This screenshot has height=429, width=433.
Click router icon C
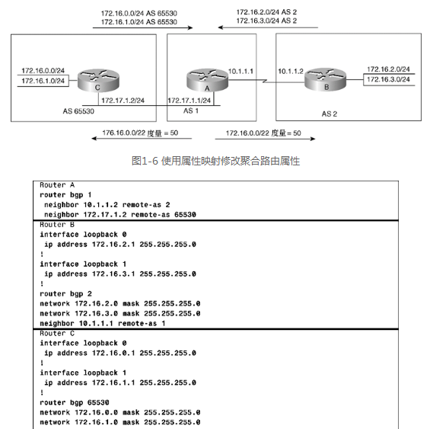tap(98, 81)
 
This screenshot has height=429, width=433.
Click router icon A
tap(208, 81)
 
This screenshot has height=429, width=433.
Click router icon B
tap(325, 79)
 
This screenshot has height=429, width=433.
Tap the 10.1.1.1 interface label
tap(240, 72)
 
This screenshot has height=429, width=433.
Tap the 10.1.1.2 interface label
tap(291, 72)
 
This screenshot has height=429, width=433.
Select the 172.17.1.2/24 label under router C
tap(123, 101)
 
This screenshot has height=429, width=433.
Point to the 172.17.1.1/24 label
tap(189, 101)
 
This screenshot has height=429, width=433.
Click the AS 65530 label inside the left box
tap(78, 111)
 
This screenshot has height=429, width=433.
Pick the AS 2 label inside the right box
tap(330, 114)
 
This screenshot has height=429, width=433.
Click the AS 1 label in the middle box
tap(191, 111)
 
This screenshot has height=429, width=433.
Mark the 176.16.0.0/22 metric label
tap(140, 133)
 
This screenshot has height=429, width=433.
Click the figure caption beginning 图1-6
tap(215, 161)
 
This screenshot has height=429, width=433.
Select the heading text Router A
tap(57, 184)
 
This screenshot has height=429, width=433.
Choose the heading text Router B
tap(57, 224)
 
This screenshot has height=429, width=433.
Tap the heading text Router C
tap(57, 333)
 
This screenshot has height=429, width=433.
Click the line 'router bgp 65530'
tap(75, 402)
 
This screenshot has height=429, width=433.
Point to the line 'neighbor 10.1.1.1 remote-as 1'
tap(103, 323)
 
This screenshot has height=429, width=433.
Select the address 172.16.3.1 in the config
tap(113, 274)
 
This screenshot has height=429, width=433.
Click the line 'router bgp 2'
tap(65, 293)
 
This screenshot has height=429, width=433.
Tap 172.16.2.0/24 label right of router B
tap(388, 69)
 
